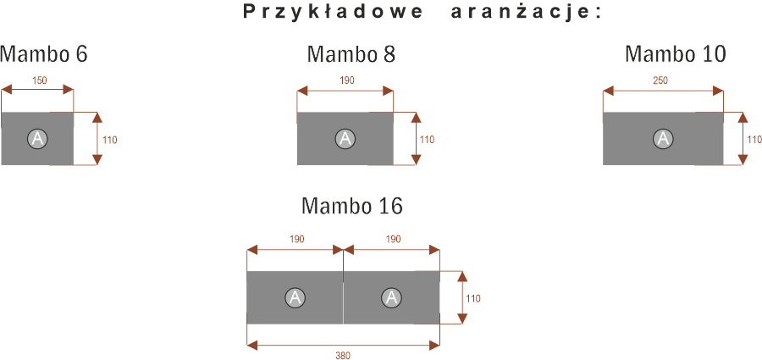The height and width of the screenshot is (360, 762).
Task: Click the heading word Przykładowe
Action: (x=333, y=13)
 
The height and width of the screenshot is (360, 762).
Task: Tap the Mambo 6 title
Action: (x=44, y=54)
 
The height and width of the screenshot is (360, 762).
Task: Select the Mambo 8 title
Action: (x=351, y=54)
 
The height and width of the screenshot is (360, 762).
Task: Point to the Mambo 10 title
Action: (x=676, y=54)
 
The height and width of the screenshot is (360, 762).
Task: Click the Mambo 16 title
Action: (x=352, y=206)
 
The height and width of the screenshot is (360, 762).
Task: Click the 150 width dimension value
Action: (x=40, y=80)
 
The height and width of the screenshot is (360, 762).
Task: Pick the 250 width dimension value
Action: (x=660, y=80)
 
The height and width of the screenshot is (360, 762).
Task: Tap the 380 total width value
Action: (x=343, y=355)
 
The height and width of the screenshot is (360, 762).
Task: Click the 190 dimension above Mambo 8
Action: (x=347, y=80)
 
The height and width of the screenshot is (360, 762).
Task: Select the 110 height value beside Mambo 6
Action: (x=110, y=140)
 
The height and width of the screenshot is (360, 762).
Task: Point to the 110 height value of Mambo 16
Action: (x=472, y=299)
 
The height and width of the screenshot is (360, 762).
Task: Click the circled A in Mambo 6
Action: (x=37, y=139)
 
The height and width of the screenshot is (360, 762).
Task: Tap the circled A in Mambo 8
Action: (x=345, y=139)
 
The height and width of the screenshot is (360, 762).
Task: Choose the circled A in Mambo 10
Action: (x=662, y=139)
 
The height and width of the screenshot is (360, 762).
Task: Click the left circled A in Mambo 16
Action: (x=295, y=297)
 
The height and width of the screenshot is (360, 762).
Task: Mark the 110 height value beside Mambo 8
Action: (x=427, y=140)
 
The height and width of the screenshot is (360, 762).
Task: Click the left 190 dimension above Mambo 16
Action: (x=297, y=240)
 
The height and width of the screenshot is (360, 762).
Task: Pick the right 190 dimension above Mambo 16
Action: (x=393, y=240)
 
